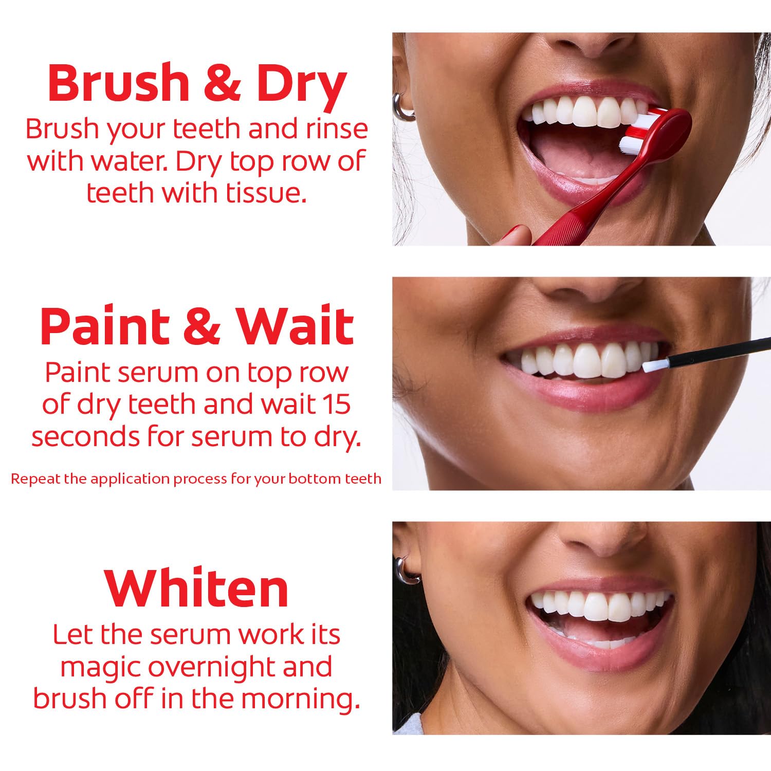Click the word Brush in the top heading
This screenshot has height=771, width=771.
[x=119, y=83]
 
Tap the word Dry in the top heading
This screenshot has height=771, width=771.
[x=302, y=85]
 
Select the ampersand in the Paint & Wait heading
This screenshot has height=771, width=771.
[x=202, y=327]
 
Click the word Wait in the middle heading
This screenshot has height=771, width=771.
[x=295, y=327]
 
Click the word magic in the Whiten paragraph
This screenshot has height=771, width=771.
[x=100, y=668]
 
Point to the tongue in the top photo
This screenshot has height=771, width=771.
[x=576, y=154]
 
